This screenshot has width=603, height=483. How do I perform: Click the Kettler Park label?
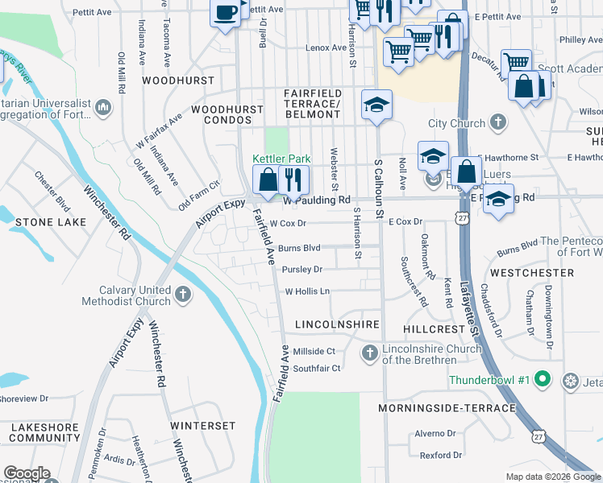281,159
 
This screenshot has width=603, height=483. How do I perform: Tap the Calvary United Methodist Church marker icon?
183,295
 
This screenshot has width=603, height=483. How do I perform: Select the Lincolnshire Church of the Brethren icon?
369,353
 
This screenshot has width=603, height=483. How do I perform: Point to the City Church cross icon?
499,123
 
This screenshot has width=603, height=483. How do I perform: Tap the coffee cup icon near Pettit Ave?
225,12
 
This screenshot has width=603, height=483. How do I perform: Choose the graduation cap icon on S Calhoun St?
376,105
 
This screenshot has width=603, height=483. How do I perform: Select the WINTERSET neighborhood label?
202,425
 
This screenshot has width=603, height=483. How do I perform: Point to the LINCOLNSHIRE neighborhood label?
337,324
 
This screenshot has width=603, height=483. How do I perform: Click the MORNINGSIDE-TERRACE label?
447,408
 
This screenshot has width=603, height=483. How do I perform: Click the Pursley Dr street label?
301,270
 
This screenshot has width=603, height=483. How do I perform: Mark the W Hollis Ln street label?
307,291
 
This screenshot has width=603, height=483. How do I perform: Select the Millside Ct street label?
313,351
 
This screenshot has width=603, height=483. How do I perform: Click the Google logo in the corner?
27,474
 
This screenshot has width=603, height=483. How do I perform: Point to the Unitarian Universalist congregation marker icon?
103,107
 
